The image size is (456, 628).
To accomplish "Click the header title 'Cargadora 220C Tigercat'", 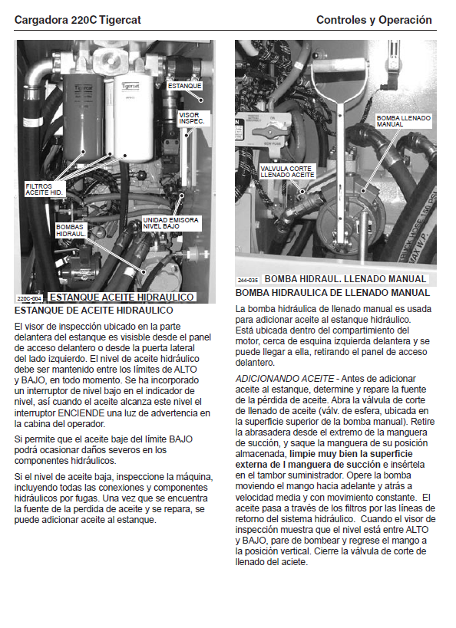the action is [x=78, y=20].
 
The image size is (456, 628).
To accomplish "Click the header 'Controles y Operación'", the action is [x=374, y=20].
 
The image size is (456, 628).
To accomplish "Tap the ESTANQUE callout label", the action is [x=184, y=86].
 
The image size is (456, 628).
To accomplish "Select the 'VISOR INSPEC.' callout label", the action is [x=192, y=118].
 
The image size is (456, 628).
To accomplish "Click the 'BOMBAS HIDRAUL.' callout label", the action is [x=71, y=230].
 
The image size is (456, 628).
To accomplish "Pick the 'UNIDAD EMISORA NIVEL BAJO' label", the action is [x=171, y=223].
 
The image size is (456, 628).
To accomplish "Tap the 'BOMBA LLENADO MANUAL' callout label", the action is [x=404, y=121].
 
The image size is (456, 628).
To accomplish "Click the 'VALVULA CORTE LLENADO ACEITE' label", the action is [x=287, y=172].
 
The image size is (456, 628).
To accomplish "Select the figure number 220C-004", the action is [x=29, y=299].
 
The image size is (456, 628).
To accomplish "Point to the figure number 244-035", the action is [x=248, y=280].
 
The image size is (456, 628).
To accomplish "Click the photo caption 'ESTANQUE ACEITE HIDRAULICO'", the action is [x=122, y=298].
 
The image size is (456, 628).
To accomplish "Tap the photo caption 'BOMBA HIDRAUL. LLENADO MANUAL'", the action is [x=345, y=279].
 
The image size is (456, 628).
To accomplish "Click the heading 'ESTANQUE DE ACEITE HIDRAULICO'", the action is [x=94, y=311].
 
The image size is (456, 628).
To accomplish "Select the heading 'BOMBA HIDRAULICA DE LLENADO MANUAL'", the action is [x=332, y=293].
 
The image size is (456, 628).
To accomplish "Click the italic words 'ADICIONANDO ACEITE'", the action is [x=285, y=379].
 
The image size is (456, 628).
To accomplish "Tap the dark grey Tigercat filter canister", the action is [x=83, y=118].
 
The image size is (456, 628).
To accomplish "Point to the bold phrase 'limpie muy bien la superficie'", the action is [x=351, y=454].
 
